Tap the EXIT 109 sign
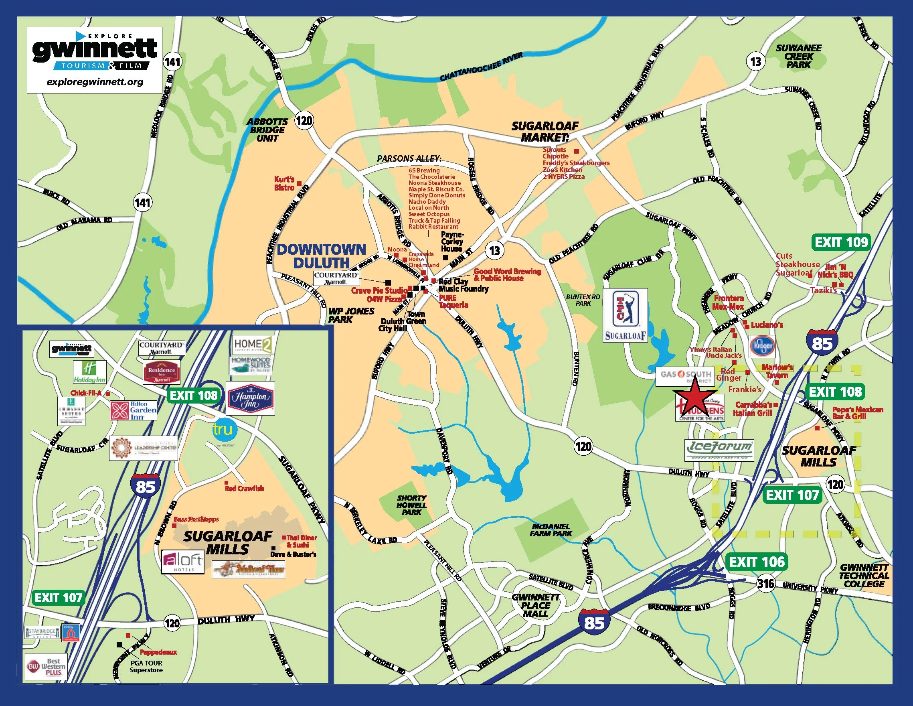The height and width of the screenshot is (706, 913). pyautogui.click(x=841, y=242)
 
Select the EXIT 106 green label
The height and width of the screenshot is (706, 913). pyautogui.click(x=757, y=562)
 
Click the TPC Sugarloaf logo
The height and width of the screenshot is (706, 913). pyautogui.click(x=626, y=315)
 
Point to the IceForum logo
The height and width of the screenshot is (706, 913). pyautogui.click(x=719, y=450)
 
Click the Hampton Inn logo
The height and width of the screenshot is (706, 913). pyautogui.click(x=250, y=398)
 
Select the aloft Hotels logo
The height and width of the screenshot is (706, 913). pyautogui.click(x=183, y=562)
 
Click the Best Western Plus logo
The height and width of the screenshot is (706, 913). pyautogui.click(x=46, y=666)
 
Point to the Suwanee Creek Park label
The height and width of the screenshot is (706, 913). pyautogui.click(x=798, y=57)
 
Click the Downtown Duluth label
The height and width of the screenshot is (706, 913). pyautogui.click(x=321, y=256)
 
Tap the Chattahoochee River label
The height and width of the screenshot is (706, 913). pyautogui.click(x=481, y=67)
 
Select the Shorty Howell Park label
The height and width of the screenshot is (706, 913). pyautogui.click(x=411, y=505)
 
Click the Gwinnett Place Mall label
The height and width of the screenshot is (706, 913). pyautogui.click(x=536, y=605)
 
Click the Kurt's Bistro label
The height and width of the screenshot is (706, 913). pyautogui.click(x=284, y=184)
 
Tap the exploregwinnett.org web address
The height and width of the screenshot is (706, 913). pyautogui.click(x=95, y=81)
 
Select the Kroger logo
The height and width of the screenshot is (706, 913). pyautogui.click(x=762, y=346)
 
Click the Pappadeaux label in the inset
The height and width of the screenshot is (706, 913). pyautogui.click(x=158, y=652)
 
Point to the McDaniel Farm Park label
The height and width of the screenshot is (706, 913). pyautogui.click(x=551, y=530)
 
